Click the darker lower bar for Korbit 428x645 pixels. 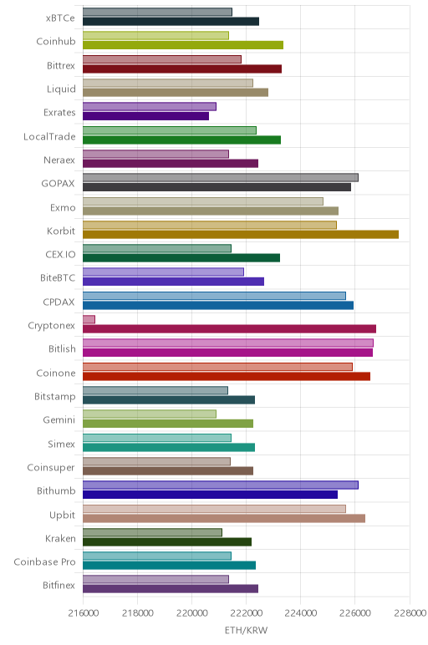241,235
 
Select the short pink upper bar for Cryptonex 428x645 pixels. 89,319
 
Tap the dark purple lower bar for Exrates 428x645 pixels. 145,116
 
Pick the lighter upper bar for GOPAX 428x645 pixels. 221,177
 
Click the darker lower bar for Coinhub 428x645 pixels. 183,45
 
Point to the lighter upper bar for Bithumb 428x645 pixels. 221,485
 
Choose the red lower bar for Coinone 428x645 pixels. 227,376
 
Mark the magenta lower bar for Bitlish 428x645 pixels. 227,353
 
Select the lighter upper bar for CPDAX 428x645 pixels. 214,296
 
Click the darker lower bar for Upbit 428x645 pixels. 224,518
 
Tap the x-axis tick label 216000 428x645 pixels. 83,613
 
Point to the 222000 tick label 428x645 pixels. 246,613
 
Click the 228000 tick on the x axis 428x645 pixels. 410,613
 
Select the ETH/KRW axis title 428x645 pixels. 246,630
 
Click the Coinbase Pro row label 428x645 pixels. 45,562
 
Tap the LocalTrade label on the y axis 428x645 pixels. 50,136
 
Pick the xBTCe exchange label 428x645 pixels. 60,18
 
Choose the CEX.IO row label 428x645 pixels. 60,255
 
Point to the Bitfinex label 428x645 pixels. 59,586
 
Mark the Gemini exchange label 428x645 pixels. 59,420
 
